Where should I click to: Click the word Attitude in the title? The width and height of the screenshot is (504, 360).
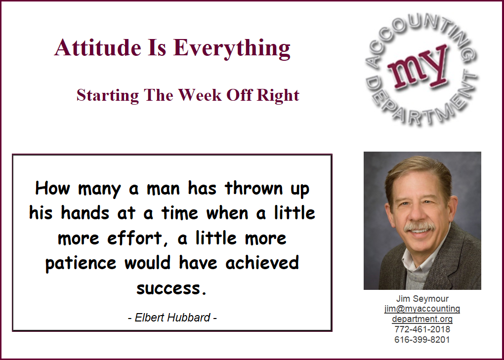tap(98, 47)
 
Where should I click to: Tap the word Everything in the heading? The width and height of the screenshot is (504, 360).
tap(232, 49)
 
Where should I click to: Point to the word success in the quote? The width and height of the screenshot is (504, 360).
tap(171, 288)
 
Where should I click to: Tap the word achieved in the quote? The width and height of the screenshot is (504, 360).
tap(262, 263)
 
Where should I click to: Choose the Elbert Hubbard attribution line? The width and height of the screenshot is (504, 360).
tap(172, 318)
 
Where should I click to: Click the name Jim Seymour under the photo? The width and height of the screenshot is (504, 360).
tap(422, 299)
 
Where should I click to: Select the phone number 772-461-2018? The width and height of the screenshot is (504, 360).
tap(422, 329)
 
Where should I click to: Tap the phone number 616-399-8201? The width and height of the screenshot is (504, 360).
tap(422, 339)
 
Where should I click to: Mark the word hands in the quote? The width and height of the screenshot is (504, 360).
tap(85, 213)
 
